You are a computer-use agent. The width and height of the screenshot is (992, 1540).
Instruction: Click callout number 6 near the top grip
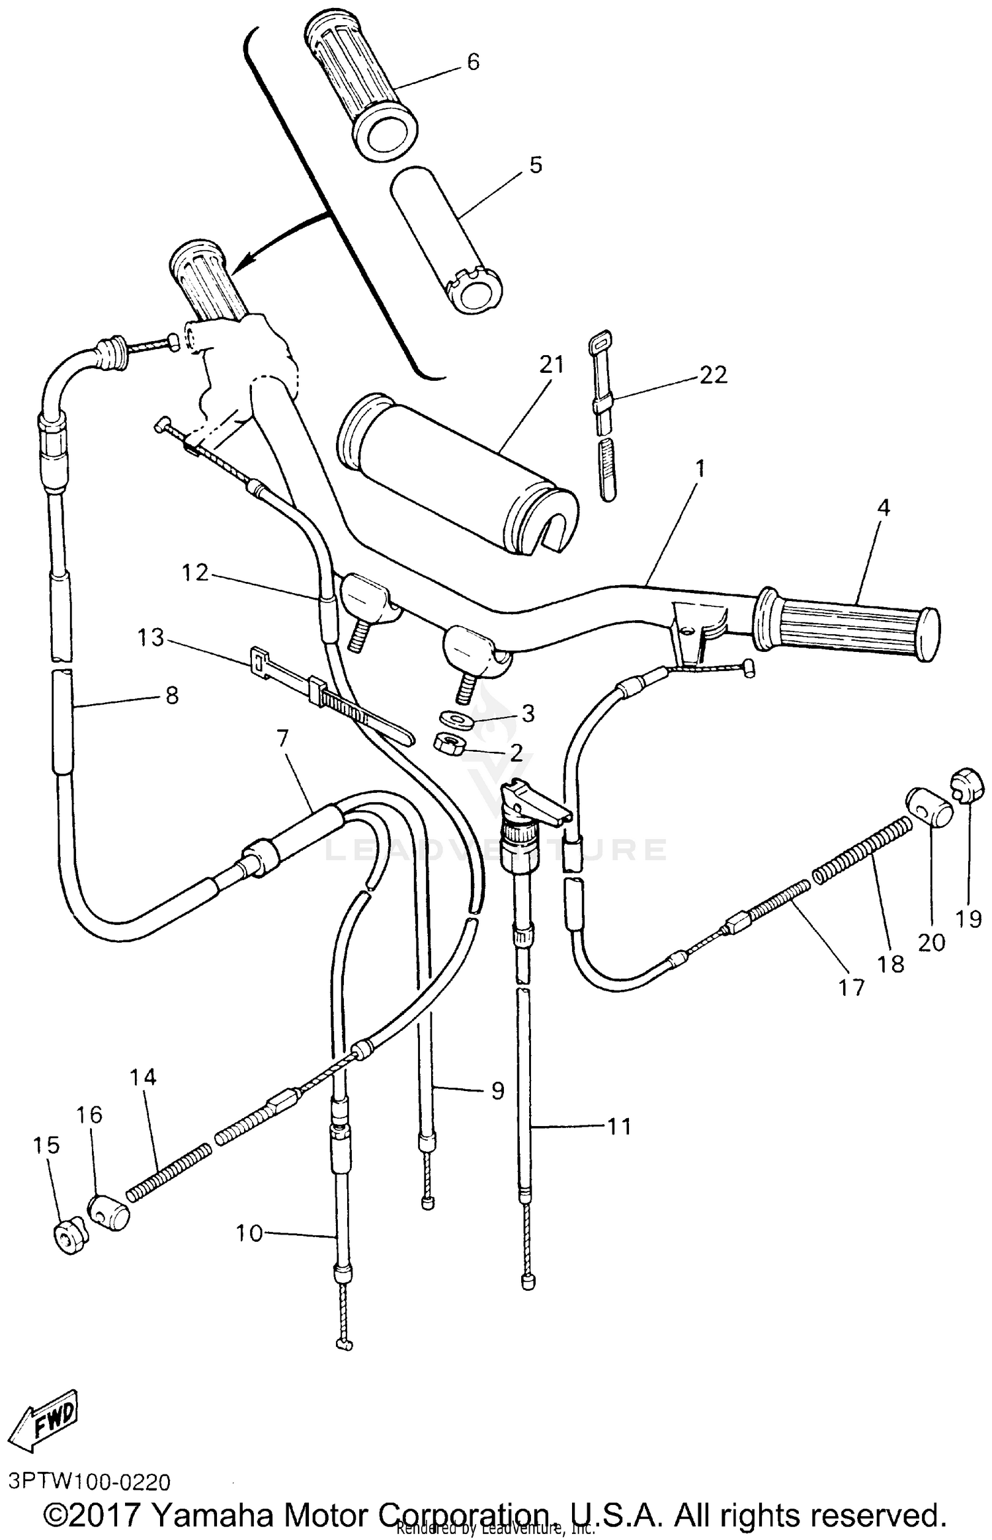[473, 62]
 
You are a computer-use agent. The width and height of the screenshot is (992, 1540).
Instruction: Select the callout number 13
[151, 638]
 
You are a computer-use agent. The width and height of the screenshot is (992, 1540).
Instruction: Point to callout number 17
[851, 987]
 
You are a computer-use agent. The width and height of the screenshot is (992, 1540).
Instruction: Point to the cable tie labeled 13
[331, 699]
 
